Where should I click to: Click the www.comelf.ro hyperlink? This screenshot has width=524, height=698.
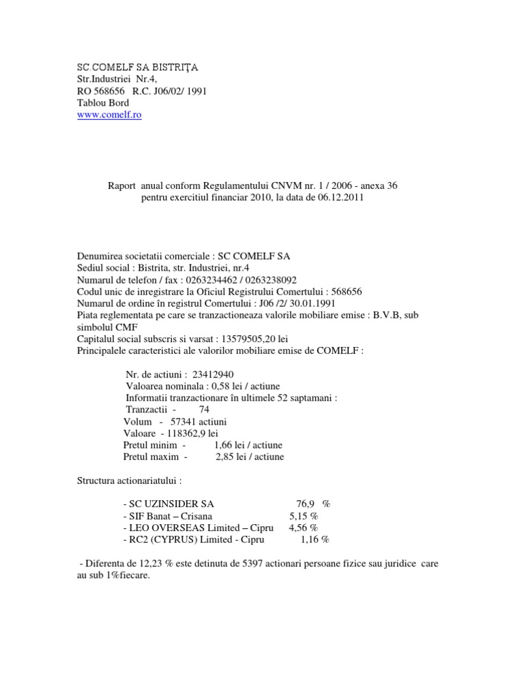click(x=109, y=115)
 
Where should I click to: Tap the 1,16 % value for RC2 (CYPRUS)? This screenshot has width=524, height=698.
click(x=315, y=538)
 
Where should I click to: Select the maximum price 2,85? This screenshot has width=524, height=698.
click(x=224, y=456)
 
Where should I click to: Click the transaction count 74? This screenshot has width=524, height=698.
click(x=204, y=409)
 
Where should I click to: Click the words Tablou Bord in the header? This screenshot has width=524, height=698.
click(x=102, y=103)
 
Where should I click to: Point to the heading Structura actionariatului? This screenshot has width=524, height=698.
click(x=130, y=480)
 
